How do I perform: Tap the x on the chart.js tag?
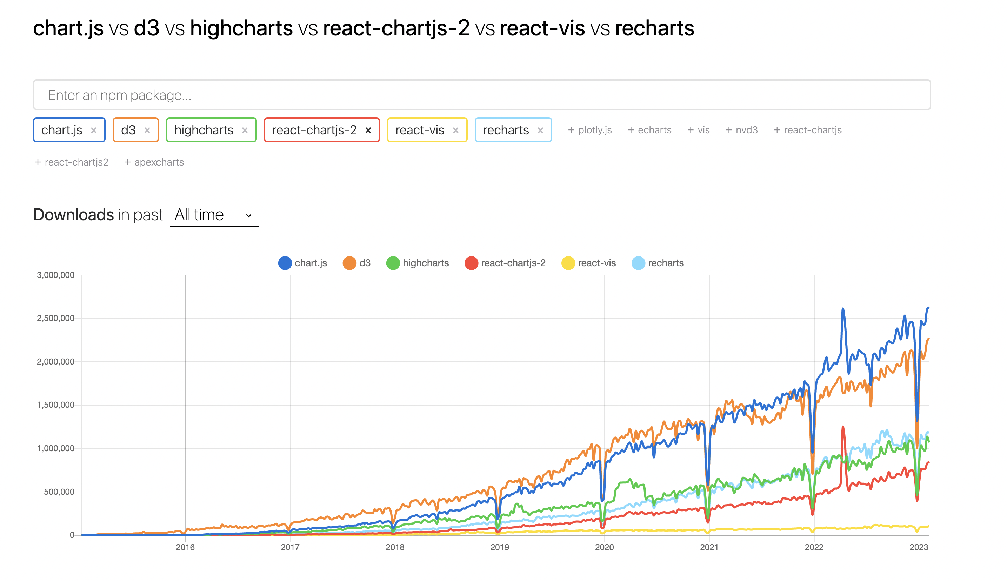pos(94,130)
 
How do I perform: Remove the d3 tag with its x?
pos(147,130)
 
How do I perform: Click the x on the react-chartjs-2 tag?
pos(368,130)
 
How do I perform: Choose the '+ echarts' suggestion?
pos(649,130)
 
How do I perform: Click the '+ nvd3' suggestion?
pos(742,130)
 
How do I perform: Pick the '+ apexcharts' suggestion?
pos(154,162)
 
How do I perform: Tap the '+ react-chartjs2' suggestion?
pos(72,162)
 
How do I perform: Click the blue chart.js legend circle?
pos(285,263)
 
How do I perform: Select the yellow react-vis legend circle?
pos(568,263)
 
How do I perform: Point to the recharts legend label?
pos(666,263)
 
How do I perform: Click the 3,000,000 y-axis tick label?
pos(55,275)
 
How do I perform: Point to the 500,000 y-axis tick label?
pos(59,492)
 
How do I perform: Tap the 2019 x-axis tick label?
pos(500,547)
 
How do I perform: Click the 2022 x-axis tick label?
pos(814,547)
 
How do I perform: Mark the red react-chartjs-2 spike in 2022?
pos(843,428)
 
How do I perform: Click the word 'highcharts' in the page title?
pos(241,28)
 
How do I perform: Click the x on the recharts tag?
pos(540,130)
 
